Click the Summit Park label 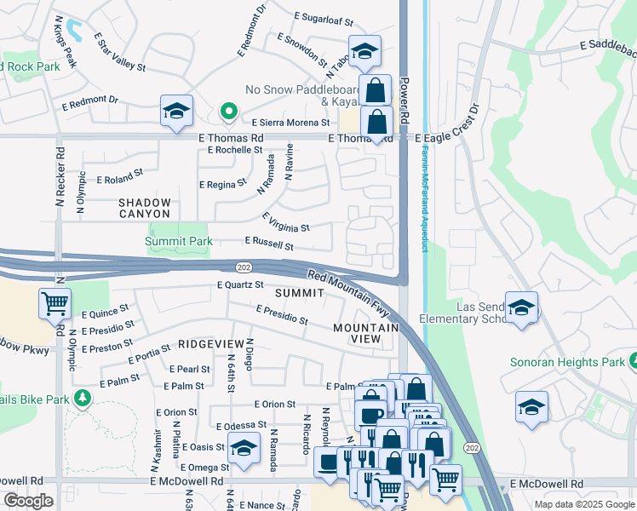178,242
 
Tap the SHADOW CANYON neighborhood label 145,208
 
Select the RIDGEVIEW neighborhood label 211,343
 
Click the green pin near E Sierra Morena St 228,112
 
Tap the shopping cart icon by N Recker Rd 55,302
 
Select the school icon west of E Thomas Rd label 176,112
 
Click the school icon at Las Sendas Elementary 521,307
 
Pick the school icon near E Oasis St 244,448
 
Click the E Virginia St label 285,223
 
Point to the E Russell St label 269,244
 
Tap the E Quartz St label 240,285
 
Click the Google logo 28,501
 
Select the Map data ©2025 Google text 583,504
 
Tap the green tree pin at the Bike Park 82,398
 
